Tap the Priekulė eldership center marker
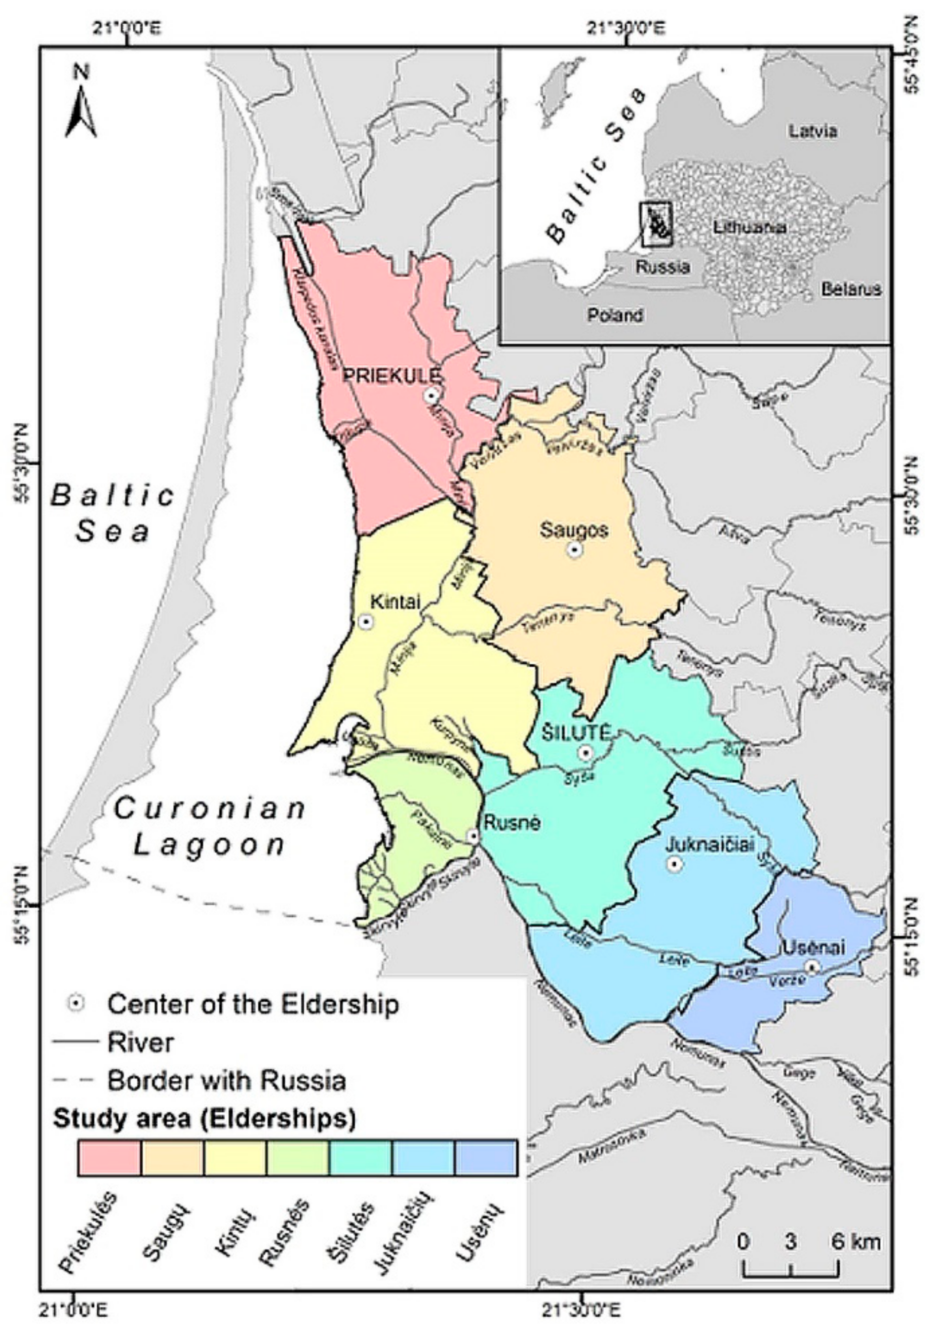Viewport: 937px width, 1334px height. click(x=431, y=396)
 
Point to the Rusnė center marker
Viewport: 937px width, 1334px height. click(x=474, y=836)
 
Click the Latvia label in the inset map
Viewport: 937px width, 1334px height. click(x=813, y=131)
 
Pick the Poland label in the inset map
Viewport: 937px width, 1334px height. click(x=615, y=316)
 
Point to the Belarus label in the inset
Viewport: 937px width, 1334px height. click(x=851, y=289)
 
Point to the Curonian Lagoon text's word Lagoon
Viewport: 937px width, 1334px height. click(x=209, y=846)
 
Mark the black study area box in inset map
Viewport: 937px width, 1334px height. click(x=656, y=224)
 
